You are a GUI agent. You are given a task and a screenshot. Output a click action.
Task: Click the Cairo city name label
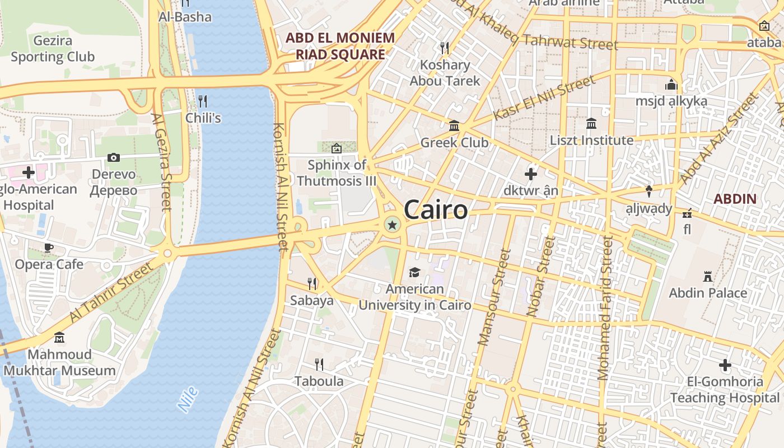[x=435, y=211]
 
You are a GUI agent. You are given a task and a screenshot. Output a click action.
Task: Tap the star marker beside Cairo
[x=392, y=225]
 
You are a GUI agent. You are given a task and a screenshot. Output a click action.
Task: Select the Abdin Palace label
[x=708, y=292]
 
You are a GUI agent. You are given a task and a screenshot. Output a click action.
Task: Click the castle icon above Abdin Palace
[x=708, y=276]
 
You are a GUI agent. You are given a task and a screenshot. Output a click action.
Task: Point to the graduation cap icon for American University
[x=414, y=272]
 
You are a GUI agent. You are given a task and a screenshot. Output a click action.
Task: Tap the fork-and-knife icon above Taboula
[x=319, y=365]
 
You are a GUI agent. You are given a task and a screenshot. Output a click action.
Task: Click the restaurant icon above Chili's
[x=203, y=101]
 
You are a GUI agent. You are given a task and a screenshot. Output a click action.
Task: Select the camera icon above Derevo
[x=114, y=158]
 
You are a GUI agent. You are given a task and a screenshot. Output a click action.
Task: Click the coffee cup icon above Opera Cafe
[x=49, y=248]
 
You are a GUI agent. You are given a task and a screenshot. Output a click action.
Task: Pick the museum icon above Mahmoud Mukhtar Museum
[x=59, y=337]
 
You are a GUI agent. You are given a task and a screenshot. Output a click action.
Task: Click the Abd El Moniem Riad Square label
[x=340, y=46]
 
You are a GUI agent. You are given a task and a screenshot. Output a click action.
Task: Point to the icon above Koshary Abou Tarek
[x=445, y=48]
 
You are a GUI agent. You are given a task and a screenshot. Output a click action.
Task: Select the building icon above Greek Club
[x=454, y=125]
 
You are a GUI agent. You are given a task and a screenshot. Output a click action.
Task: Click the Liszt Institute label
[x=591, y=140]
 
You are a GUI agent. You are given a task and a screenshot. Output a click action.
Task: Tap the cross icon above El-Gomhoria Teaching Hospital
[x=725, y=366]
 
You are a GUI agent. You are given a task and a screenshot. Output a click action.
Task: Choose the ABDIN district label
[x=735, y=199]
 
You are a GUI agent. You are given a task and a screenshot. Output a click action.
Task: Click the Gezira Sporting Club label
[x=53, y=49]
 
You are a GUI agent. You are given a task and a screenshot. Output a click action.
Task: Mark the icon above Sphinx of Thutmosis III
[x=337, y=148]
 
